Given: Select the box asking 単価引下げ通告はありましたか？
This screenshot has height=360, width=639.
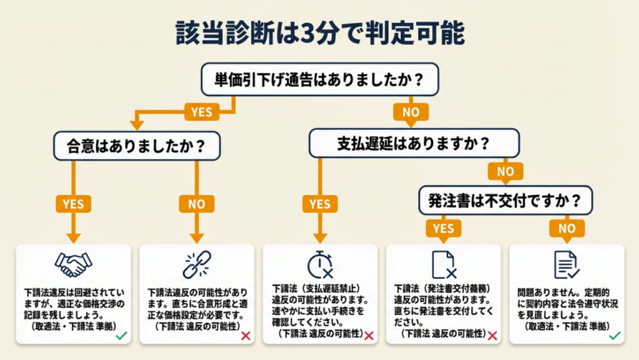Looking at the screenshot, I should tap(319, 79).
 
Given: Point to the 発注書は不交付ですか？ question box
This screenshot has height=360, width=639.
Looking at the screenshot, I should tap(505, 201).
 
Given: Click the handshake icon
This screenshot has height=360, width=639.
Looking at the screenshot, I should tap(73, 265).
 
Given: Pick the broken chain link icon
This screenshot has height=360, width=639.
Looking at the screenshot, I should tap(197, 265).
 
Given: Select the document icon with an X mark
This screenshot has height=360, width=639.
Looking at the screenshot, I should tap(443, 265).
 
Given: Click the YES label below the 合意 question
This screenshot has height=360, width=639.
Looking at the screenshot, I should tap(73, 203).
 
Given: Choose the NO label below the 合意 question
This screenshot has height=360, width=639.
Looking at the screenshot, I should tap(197, 203).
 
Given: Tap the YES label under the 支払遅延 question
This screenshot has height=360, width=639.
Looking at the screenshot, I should tap(319, 203).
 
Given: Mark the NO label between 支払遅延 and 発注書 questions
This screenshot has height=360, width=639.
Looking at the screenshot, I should tap(505, 171).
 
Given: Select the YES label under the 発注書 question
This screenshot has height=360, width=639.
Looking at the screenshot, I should tap(443, 228).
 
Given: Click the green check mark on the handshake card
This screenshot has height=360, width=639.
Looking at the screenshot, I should tap(122, 336).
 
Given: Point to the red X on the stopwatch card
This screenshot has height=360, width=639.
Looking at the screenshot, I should tap(369, 336).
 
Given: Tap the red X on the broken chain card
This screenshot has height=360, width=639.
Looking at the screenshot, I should tap(246, 336).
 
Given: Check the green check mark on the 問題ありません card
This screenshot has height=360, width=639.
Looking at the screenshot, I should tap(615, 336).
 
